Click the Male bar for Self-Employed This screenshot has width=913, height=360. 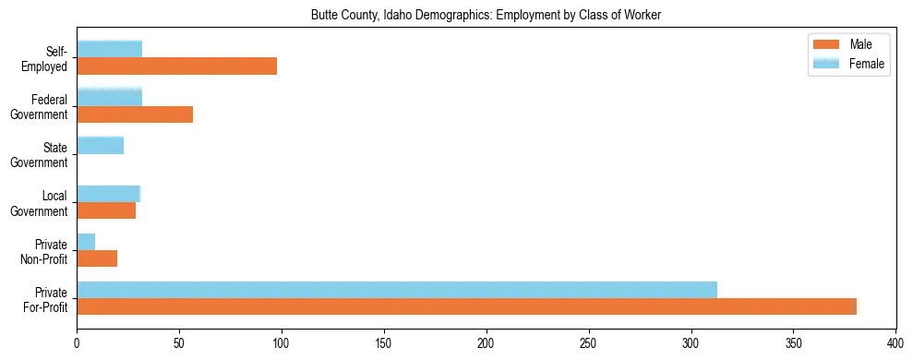(176, 66)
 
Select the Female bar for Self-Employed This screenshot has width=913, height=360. (109, 49)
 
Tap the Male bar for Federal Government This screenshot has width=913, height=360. (135, 114)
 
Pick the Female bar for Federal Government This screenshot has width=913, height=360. (109, 97)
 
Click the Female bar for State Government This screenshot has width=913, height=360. (100, 145)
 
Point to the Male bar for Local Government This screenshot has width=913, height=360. (106, 210)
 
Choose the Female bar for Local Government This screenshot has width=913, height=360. (108, 193)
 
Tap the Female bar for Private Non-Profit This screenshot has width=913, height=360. (86, 241)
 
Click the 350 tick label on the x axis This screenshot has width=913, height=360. (794, 343)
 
